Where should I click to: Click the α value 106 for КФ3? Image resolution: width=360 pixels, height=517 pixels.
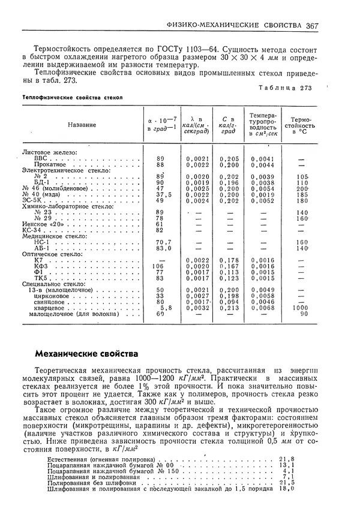[158, 266]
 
